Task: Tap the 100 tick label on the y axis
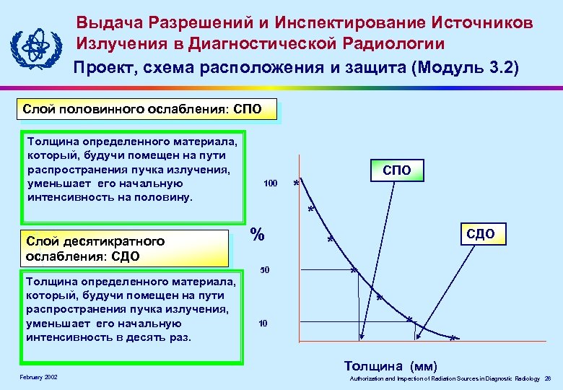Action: (x=270, y=185)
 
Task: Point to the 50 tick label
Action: (x=265, y=271)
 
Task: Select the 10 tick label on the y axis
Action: (x=263, y=324)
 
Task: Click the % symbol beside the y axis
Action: (x=257, y=235)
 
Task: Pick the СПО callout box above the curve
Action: (x=396, y=170)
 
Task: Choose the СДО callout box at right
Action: (x=481, y=234)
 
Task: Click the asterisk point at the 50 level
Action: (x=354, y=271)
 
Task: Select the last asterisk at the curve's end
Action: (x=453, y=339)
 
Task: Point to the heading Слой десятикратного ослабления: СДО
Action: (x=95, y=248)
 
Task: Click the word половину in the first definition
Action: (x=165, y=196)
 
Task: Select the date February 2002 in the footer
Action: (x=40, y=378)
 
